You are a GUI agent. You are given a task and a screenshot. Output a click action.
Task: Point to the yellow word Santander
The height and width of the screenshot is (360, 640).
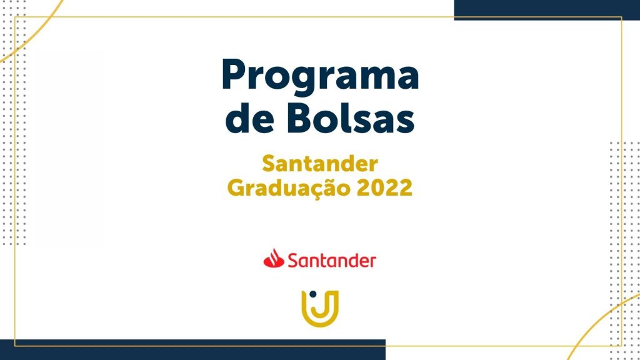point(320,164)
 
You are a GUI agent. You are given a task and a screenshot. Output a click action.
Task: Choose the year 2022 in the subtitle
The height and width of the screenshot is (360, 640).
point(384,187)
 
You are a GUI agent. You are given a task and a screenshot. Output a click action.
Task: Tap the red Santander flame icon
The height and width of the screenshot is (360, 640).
point(274,258)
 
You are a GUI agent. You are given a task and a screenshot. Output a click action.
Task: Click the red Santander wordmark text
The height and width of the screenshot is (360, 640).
point(332,260)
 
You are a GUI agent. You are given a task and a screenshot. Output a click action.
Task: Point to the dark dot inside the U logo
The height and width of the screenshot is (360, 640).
point(313,294)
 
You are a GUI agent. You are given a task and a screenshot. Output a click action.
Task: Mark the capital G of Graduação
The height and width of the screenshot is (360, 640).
point(237,187)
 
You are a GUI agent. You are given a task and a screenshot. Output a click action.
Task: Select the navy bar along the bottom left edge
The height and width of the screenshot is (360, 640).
point(192,350)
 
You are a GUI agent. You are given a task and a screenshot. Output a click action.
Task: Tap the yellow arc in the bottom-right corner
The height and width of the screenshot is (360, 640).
point(599,322)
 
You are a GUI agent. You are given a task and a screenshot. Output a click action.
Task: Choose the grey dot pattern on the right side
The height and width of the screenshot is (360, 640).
point(624,249)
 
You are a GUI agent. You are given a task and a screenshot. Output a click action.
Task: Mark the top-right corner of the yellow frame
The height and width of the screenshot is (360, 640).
point(621,17)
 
